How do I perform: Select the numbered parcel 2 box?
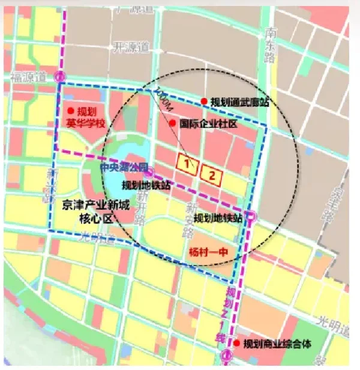click(212, 174)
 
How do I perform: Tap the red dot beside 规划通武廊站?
click(204, 102)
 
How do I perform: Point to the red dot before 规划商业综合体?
click(238, 343)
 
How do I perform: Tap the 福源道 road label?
click(29, 76)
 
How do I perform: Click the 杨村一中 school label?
click(206, 250)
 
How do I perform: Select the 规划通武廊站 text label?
click(239, 102)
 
